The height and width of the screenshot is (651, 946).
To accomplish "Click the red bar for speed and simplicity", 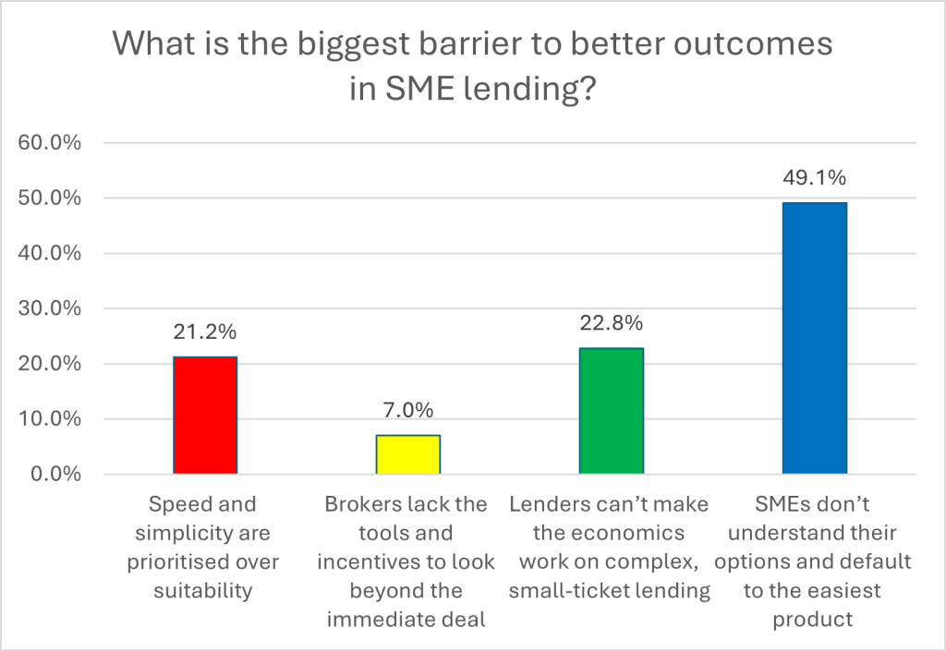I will pos(205,416).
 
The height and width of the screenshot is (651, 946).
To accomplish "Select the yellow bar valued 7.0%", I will pos(408,454).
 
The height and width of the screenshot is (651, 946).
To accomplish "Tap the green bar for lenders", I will pos(611,411).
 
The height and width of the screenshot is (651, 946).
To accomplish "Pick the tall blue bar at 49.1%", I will pos(814,338).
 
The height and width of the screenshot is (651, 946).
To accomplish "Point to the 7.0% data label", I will pos(408,409).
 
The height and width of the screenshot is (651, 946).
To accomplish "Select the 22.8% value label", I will pos(611,323).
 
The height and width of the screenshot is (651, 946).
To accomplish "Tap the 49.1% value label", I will pos(814,177).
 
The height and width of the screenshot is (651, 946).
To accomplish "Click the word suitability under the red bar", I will pos(205,591).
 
